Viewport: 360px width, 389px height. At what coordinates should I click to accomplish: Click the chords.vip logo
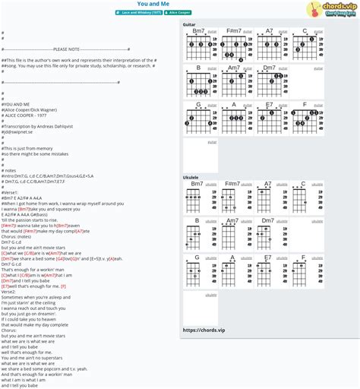pyautogui.click(x=331, y=9)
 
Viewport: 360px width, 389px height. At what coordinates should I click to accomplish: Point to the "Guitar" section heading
pyautogui.click(x=189, y=25)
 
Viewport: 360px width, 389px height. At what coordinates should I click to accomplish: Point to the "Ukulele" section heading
pyautogui.click(x=191, y=178)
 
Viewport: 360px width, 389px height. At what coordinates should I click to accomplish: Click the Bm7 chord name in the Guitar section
pyautogui.click(x=197, y=31)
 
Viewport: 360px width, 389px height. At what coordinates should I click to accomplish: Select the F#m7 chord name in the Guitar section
pyautogui.click(x=233, y=31)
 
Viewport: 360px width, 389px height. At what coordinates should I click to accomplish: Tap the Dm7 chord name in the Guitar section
pyautogui.click(x=269, y=68)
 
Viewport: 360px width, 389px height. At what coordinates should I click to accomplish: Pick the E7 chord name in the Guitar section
pyautogui.click(x=269, y=105)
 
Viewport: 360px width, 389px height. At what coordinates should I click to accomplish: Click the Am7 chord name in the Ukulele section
pyautogui.click(x=233, y=220)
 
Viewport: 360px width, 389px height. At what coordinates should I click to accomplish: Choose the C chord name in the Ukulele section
pyautogui.click(x=304, y=184)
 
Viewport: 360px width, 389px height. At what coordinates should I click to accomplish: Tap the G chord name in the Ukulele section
pyautogui.click(x=198, y=258)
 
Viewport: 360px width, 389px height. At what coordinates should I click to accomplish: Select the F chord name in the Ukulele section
pyautogui.click(x=304, y=258)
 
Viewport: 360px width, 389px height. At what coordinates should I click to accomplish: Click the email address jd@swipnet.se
pyautogui.click(x=20, y=131)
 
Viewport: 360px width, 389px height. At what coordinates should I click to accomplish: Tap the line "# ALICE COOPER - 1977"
pyautogui.click(x=27, y=115)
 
